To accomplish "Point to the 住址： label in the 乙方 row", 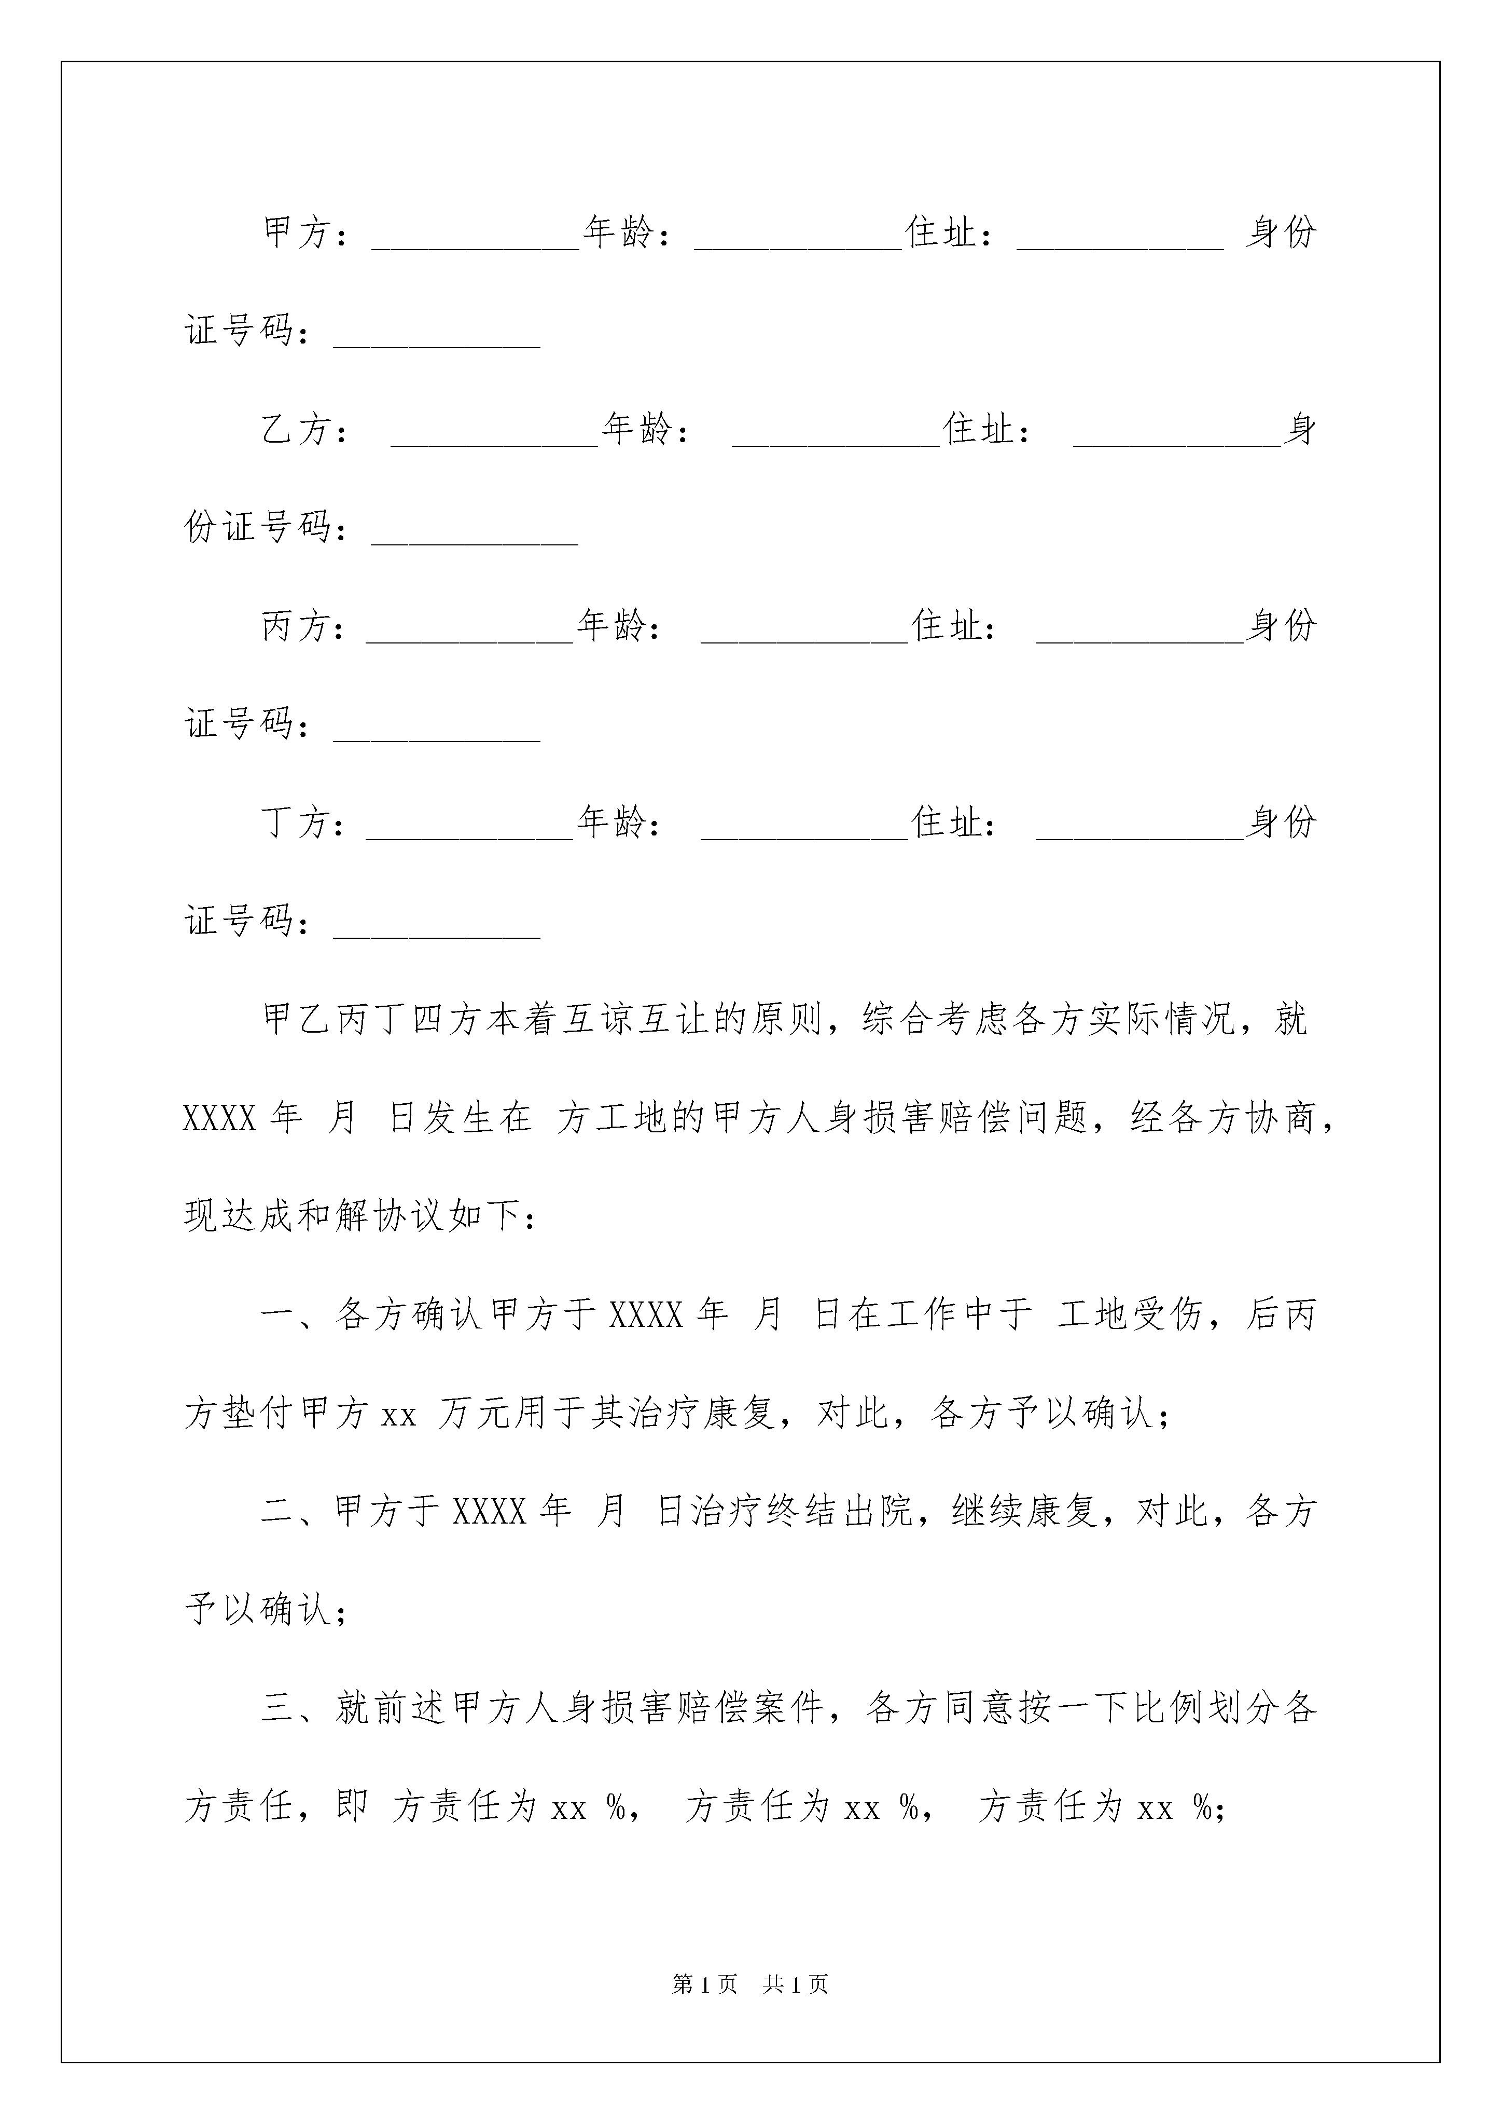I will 987,429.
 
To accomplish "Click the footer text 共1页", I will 795,1983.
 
